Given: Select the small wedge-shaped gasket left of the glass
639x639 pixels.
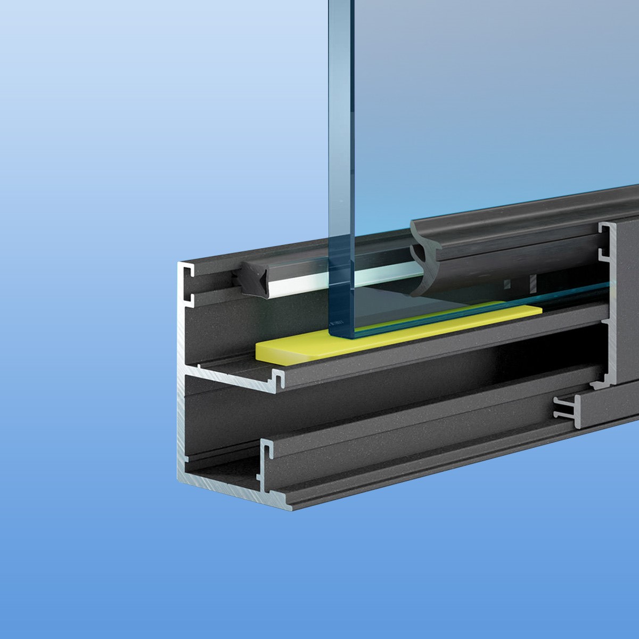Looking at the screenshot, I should click(251, 275).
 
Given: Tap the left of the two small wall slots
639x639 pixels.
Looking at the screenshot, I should click(507, 282).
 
